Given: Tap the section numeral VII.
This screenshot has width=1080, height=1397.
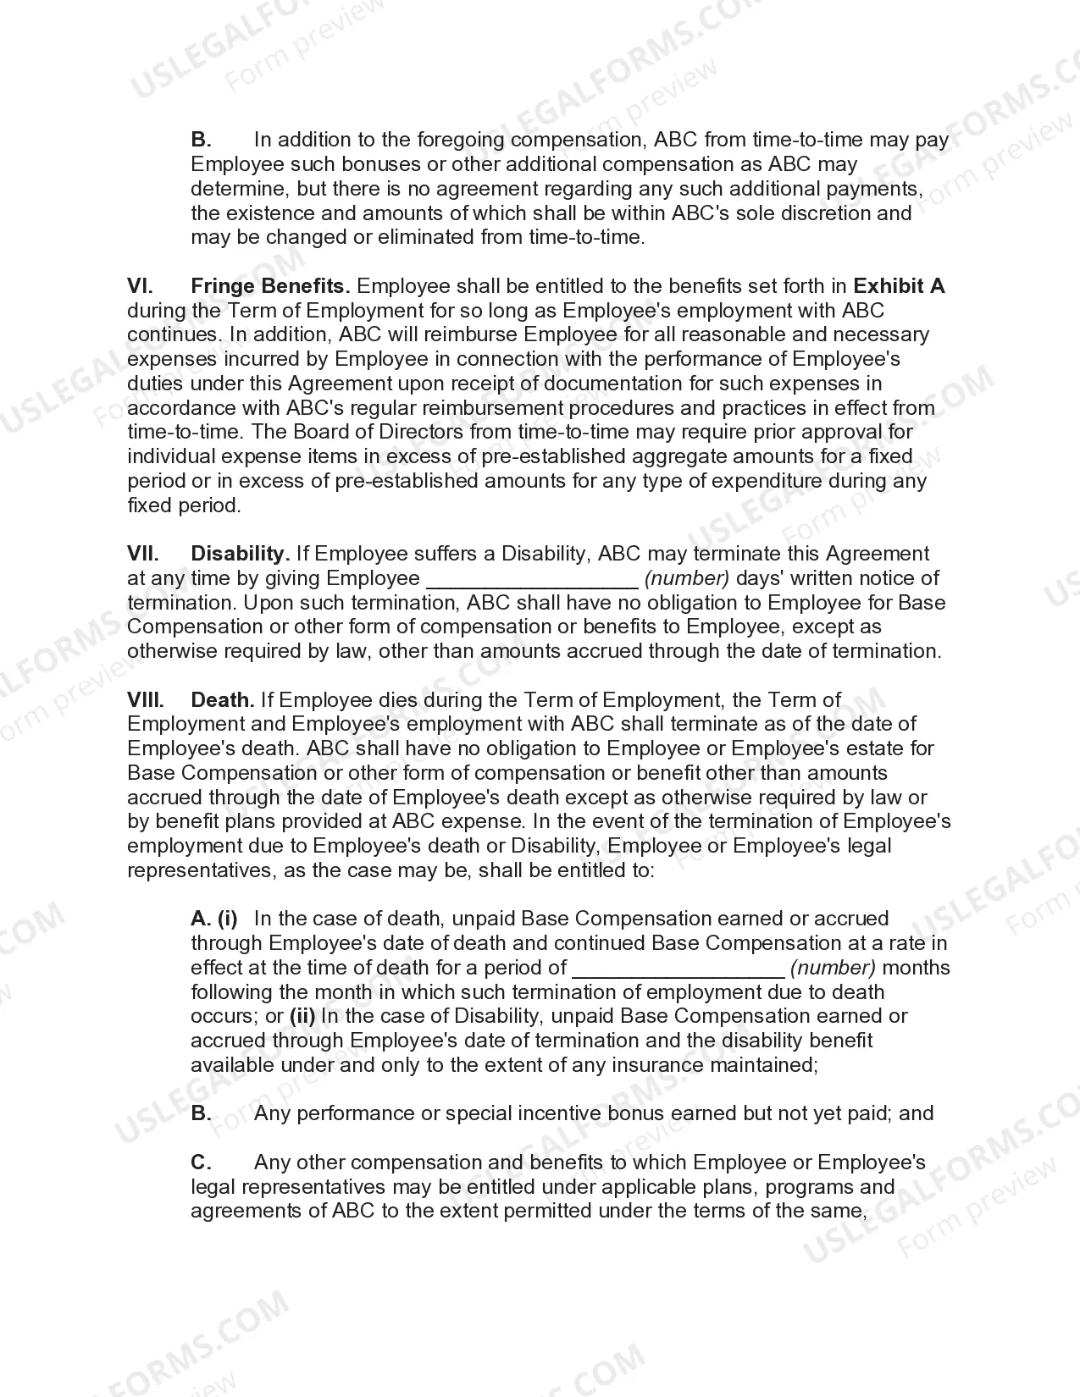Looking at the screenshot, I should click(143, 554).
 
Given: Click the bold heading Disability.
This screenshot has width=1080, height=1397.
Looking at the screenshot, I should click(241, 554).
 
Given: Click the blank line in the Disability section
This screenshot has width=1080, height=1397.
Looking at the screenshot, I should click(531, 581).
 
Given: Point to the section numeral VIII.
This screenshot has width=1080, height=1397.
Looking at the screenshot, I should click(146, 700).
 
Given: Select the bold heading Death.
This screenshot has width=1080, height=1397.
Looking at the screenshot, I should click(223, 700).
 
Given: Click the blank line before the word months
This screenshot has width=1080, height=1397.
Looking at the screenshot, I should click(678, 970).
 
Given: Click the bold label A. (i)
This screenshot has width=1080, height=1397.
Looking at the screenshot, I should click(214, 919).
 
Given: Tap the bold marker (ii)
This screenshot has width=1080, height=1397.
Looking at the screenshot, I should click(302, 1016).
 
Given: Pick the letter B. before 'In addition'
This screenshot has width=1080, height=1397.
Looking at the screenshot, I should click(201, 140).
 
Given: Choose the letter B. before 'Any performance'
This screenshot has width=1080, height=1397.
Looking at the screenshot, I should click(201, 1113).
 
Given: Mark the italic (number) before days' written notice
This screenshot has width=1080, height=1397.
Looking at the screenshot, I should click(687, 578).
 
